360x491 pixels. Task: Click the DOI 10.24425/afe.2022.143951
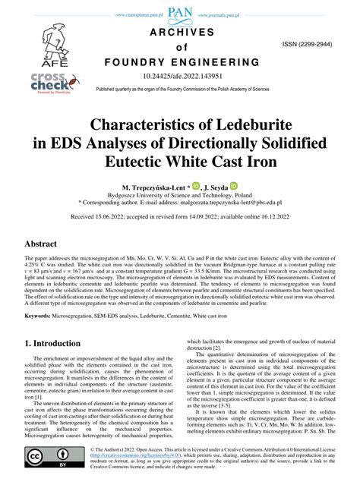tap(180, 76)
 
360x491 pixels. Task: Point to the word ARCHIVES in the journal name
tap(180, 32)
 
